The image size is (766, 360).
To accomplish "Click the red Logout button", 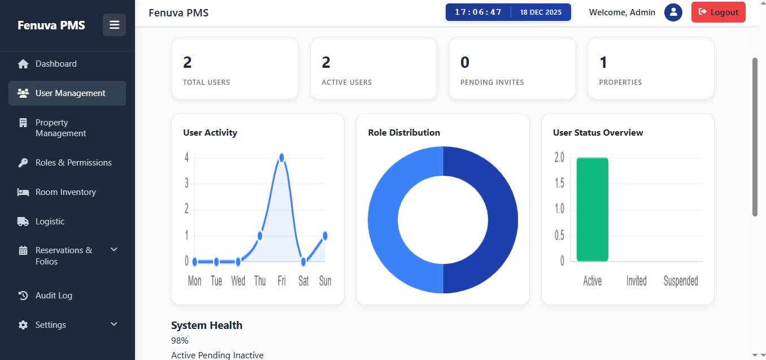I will coord(718,12).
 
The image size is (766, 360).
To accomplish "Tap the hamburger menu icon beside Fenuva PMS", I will coord(115,25).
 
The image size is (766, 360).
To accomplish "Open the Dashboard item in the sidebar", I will coord(56,64).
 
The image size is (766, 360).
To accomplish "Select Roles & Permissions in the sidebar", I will coord(73,163).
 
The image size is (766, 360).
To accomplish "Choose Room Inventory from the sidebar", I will coord(66,192).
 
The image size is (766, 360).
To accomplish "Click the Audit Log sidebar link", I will coord(54,296).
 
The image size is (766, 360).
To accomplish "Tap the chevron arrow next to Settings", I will coord(114,324).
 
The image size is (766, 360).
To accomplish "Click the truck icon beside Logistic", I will coord(23,222).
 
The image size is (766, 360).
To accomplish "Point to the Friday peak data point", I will coord(281,157).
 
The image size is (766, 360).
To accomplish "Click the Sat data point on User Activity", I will coord(303,262).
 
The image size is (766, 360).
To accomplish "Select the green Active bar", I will coord(592,209).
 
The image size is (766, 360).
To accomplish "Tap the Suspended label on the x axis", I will coord(680,281).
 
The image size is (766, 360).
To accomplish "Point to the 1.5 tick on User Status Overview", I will coord(559,183).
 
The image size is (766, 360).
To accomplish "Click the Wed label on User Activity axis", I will coord(238,281).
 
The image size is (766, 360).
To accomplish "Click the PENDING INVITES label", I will coord(492,83).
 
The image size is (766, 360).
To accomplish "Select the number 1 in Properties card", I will coord(603,62).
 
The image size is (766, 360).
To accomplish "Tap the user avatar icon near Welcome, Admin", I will coord(673,12).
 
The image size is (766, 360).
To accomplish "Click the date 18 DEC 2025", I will coord(541,12).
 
